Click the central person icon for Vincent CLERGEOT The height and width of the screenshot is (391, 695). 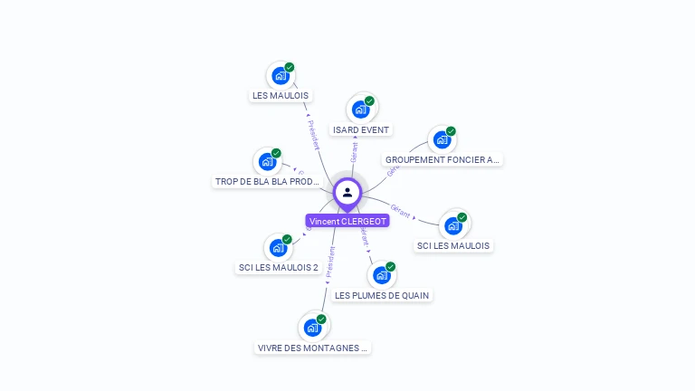(x=347, y=193)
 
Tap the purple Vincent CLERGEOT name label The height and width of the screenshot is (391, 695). (x=347, y=221)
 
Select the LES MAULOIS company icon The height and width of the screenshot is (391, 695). (x=280, y=76)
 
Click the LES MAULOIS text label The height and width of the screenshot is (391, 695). (x=280, y=96)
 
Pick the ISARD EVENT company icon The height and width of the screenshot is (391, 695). (x=360, y=110)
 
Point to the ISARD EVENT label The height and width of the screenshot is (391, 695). (x=361, y=130)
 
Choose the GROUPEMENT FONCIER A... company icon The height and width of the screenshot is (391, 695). (x=442, y=140)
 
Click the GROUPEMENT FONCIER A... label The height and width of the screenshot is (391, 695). (x=443, y=160)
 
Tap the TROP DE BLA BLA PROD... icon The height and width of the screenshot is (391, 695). (x=267, y=162)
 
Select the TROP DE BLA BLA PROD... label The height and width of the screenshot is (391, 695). (x=267, y=182)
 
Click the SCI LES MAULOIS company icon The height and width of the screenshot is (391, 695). (x=452, y=225)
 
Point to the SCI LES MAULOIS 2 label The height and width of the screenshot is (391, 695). (x=278, y=268)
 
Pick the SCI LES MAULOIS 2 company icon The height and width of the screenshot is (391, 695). (x=277, y=247)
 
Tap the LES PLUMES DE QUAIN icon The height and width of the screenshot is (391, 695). (x=382, y=274)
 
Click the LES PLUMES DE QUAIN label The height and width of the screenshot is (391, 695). (x=383, y=295)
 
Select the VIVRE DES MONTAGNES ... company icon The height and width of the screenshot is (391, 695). (x=312, y=327)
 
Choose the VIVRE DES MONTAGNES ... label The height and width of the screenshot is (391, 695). (x=313, y=348)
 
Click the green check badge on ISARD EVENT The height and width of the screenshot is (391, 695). (x=369, y=101)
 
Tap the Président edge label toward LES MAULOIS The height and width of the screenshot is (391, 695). (x=313, y=134)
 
